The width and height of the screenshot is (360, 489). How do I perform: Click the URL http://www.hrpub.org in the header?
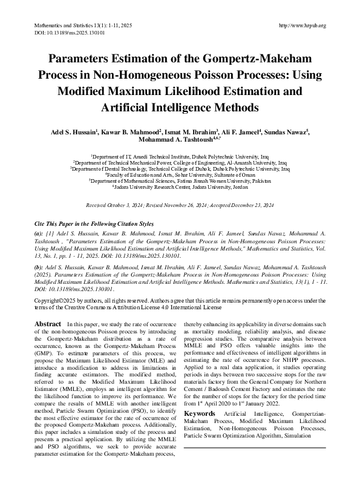[x=301, y=25]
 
